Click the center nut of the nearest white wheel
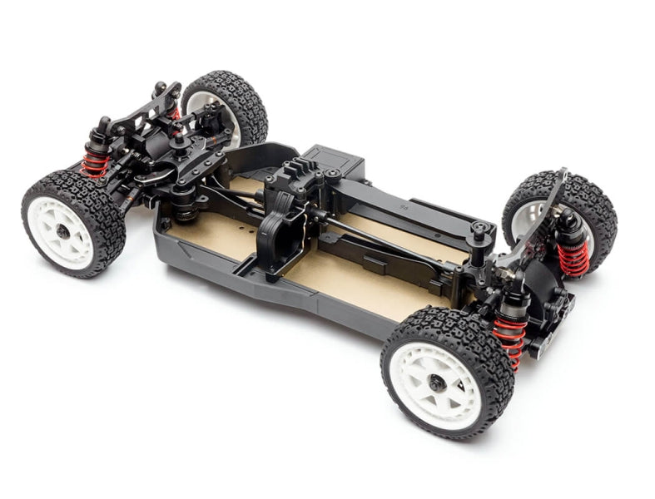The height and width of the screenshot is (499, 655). click(x=436, y=383)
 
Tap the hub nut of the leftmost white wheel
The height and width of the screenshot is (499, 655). click(x=63, y=231)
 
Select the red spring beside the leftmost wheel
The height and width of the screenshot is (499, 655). click(x=95, y=162)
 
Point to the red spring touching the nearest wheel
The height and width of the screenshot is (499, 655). click(x=509, y=337)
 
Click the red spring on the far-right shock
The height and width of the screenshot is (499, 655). click(x=573, y=257)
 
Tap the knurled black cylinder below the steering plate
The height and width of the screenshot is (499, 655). click(x=183, y=205)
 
